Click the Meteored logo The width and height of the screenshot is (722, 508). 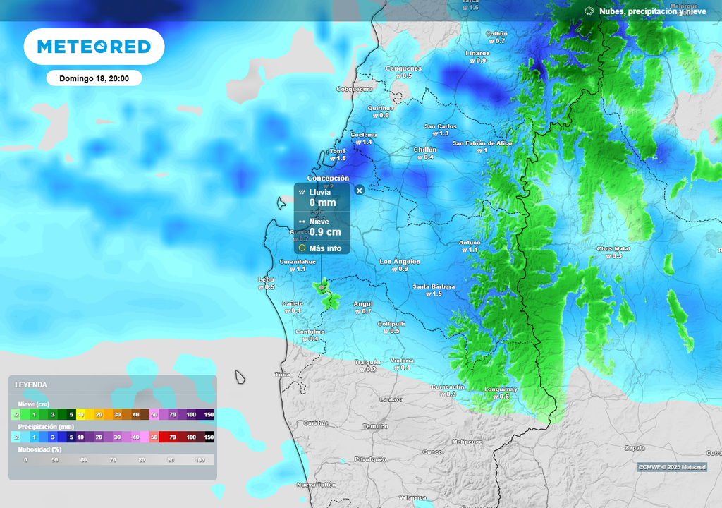click(94, 47)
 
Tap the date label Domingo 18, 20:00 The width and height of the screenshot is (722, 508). click(94, 78)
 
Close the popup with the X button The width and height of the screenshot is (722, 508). click(359, 190)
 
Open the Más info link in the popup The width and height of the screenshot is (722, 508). click(324, 248)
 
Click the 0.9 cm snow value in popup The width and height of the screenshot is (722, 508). click(325, 232)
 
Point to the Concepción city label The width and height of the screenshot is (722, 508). click(328, 179)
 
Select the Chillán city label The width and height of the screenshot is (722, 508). click(424, 150)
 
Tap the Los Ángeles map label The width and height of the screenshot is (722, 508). click(400, 262)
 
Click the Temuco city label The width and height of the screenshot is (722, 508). click(375, 426)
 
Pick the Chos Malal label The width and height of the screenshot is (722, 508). click(613, 249)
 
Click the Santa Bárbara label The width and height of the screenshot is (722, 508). click(434, 286)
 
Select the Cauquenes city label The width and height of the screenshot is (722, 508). click(403, 68)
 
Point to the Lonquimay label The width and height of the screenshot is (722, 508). click(501, 389)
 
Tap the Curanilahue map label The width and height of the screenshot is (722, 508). click(297, 262)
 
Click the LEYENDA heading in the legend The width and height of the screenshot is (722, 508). click(32, 385)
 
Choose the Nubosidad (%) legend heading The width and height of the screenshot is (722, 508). click(39, 449)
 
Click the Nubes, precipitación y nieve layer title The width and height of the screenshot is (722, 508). click(652, 11)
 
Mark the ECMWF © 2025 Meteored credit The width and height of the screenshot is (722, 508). click(671, 467)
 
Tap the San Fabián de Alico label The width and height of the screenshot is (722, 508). click(482, 143)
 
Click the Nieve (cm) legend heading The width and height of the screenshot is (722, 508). click(35, 404)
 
